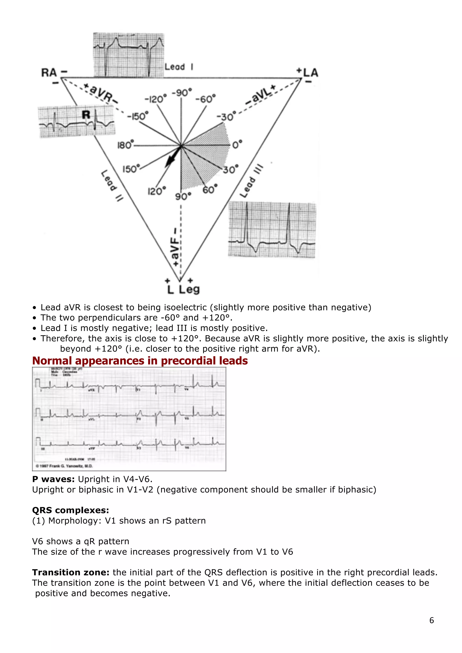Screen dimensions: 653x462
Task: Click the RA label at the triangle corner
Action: [49, 73]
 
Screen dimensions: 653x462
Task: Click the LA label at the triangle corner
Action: [310, 73]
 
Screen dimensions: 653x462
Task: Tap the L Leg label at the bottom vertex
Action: [183, 290]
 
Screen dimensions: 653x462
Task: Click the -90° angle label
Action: [182, 93]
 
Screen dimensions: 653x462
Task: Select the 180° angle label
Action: [125, 145]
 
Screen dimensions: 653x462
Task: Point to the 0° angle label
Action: [237, 144]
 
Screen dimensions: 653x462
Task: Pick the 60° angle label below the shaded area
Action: [210, 189]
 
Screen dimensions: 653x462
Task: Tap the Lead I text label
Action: [179, 67]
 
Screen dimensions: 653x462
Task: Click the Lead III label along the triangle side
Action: [251, 181]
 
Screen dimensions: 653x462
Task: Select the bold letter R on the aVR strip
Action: [86, 115]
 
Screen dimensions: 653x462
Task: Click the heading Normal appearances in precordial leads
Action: [140, 361]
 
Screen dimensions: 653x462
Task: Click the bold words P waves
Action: [53, 479]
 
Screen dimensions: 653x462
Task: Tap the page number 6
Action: [431, 620]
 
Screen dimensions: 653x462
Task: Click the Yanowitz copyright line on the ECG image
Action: [64, 466]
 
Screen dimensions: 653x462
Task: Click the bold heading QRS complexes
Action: [71, 510]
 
